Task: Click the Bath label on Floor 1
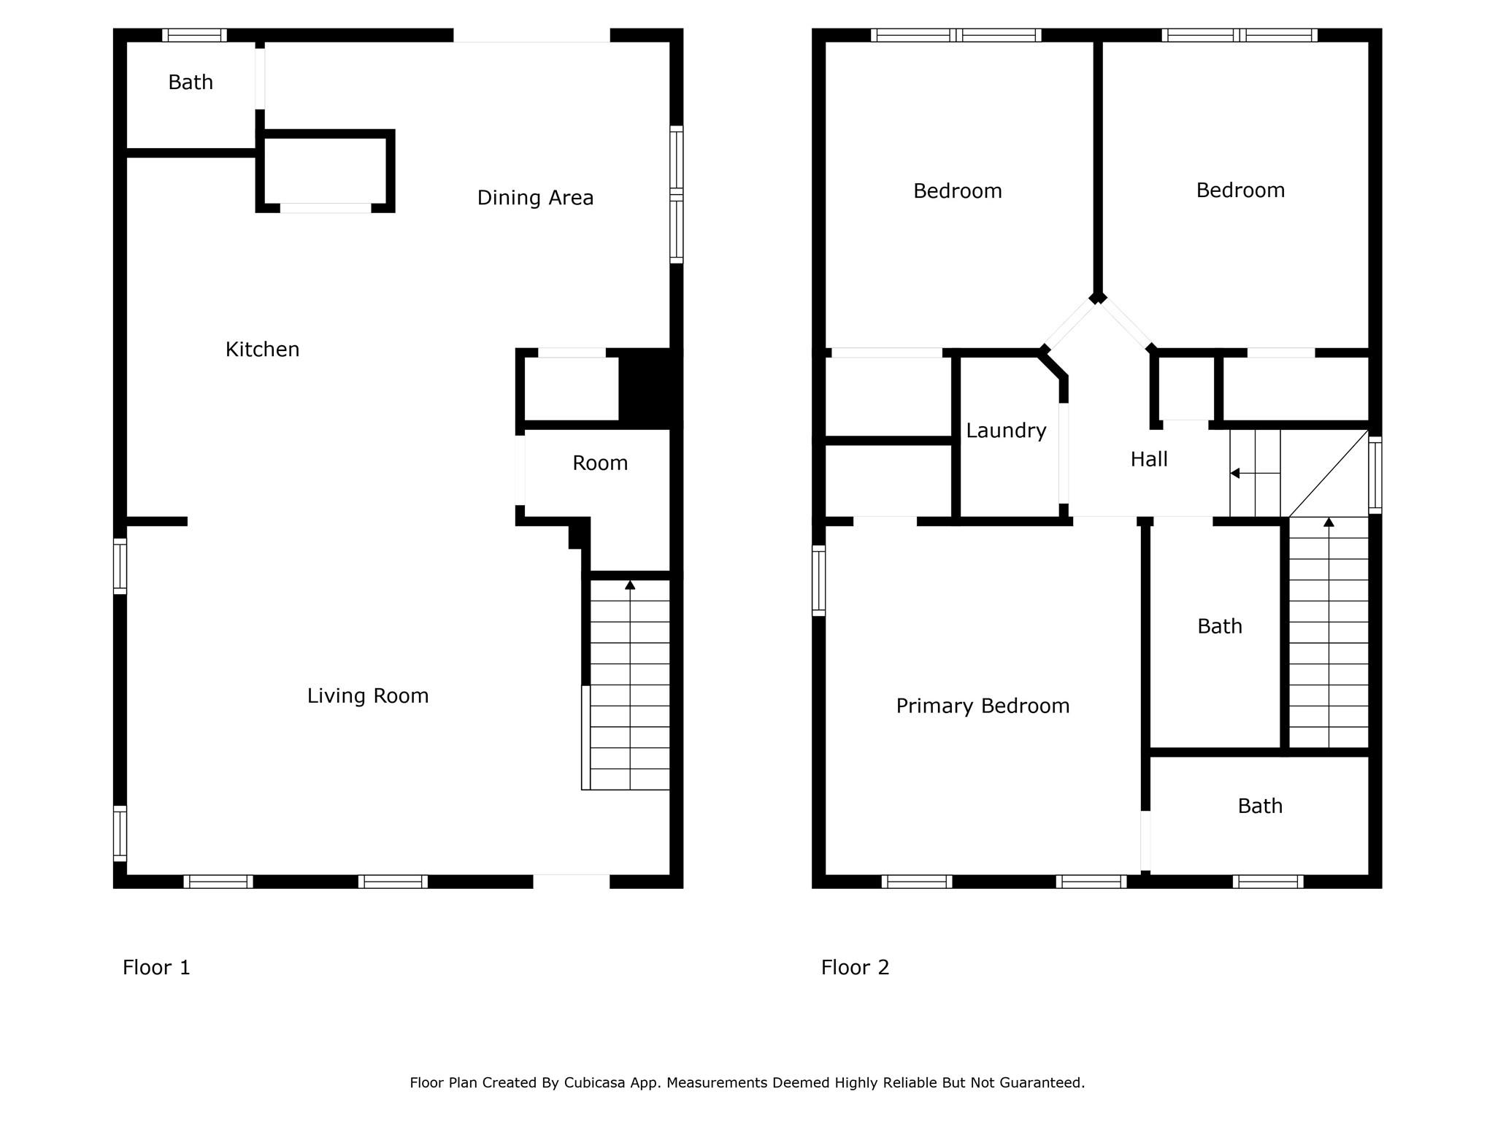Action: tap(191, 82)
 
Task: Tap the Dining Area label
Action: tap(535, 198)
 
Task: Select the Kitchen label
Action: tap(262, 350)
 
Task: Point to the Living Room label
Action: tap(368, 696)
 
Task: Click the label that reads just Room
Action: tap(600, 463)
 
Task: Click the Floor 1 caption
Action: tap(156, 968)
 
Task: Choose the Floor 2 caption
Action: tap(855, 968)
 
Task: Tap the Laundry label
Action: tap(1006, 431)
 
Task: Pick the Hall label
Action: tap(1149, 459)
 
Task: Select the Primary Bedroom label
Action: tap(983, 706)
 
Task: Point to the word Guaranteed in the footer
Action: tap(1046, 1083)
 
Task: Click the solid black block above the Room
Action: tap(650, 388)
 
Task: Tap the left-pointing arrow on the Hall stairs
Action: tap(1255, 474)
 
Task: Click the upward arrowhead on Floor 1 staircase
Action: tap(630, 585)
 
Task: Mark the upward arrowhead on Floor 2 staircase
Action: tap(1329, 523)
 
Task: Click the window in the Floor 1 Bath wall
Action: tap(194, 35)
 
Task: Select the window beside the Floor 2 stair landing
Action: tap(1375, 475)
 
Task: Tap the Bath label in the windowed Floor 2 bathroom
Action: tap(1260, 806)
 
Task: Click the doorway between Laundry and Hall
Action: tap(1064, 453)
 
